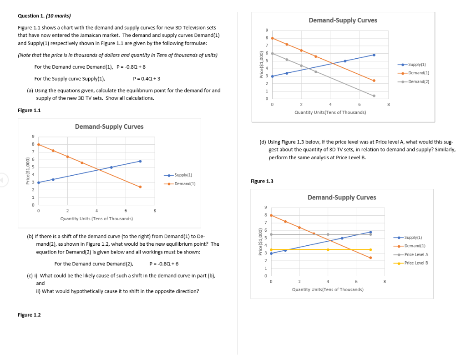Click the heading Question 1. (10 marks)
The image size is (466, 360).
[44, 16]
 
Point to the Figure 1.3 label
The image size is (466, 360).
[262, 181]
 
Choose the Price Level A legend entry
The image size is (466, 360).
[416, 254]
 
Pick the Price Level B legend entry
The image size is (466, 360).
[416, 263]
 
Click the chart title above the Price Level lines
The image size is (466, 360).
[342, 198]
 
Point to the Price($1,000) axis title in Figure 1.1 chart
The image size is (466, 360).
[28, 171]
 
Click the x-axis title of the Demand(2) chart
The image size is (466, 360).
[330, 112]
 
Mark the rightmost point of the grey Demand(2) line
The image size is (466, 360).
[374, 96]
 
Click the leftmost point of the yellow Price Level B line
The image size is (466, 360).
[271, 249]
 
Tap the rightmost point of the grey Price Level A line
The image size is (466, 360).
[370, 234]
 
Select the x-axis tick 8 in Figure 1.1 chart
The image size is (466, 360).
[155, 211]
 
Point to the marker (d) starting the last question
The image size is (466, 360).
[263, 142]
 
